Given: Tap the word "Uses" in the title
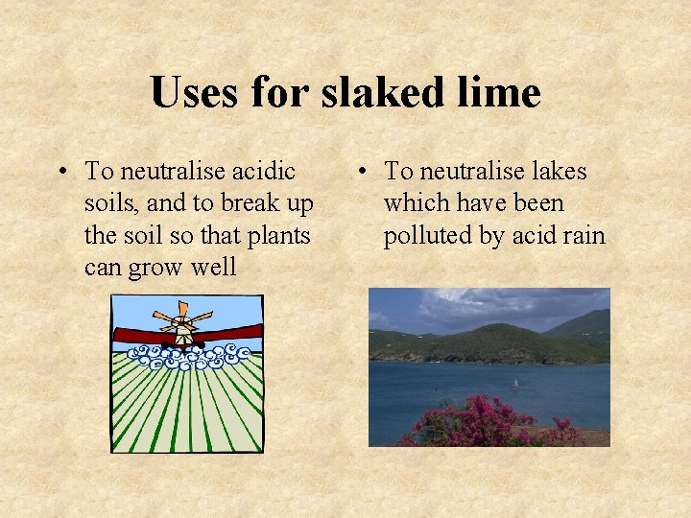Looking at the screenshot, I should point(197,93).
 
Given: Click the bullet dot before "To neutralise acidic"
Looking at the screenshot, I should point(60,173).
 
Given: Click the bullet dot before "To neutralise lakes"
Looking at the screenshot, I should point(360,173).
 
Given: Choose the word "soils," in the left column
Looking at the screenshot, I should point(111,203).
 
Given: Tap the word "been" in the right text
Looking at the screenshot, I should point(538,203).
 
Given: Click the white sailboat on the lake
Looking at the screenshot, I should point(513,384).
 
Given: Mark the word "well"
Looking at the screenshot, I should point(214,268).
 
